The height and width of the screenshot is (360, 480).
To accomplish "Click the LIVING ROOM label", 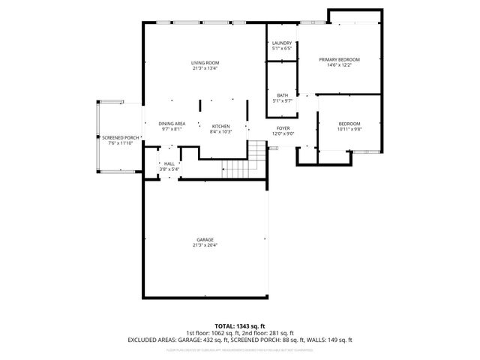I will [x=205, y=63].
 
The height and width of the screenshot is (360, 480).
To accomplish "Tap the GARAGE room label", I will [x=205, y=239].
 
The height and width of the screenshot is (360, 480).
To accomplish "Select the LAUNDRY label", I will [x=282, y=43].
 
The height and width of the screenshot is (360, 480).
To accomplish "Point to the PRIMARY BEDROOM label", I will [x=339, y=60].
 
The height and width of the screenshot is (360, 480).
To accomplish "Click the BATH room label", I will [x=282, y=95].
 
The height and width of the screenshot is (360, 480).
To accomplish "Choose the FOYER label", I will [x=283, y=128].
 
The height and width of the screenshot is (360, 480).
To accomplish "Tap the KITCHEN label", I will [x=220, y=126].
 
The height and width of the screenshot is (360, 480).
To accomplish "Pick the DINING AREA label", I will [x=172, y=124].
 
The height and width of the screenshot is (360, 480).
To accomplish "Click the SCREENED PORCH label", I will [x=121, y=138].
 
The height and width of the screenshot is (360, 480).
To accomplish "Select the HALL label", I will [x=169, y=164].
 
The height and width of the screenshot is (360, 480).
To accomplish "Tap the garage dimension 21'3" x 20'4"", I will [x=205, y=244].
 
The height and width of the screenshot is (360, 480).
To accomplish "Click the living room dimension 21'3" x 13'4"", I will [x=205, y=68].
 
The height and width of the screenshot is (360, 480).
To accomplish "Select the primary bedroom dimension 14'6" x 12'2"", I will [x=339, y=65].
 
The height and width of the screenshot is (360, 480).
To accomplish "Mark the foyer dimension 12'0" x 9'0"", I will [x=283, y=133].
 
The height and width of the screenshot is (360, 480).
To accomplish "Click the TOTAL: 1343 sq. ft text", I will [x=240, y=326].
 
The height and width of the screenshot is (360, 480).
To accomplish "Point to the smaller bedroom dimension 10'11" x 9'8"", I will [x=349, y=129].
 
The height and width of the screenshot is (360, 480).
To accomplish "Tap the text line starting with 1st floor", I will [x=240, y=333].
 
